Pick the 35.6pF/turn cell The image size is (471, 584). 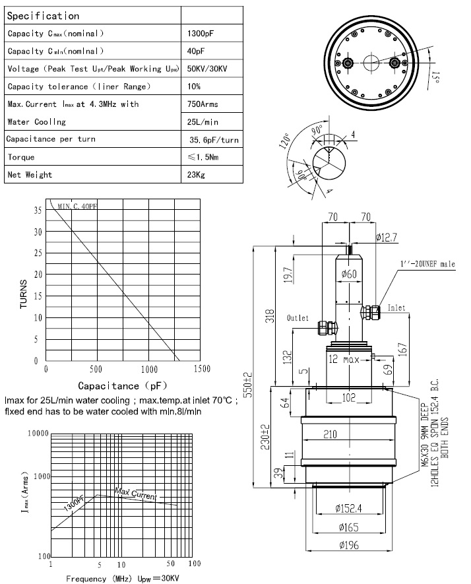coord(214,140)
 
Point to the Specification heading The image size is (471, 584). coord(44,15)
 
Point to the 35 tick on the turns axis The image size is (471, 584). coord(38,211)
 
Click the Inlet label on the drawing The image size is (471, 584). coord(415,308)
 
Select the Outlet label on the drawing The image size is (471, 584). coord(298,318)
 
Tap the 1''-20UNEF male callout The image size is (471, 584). coord(427,265)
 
